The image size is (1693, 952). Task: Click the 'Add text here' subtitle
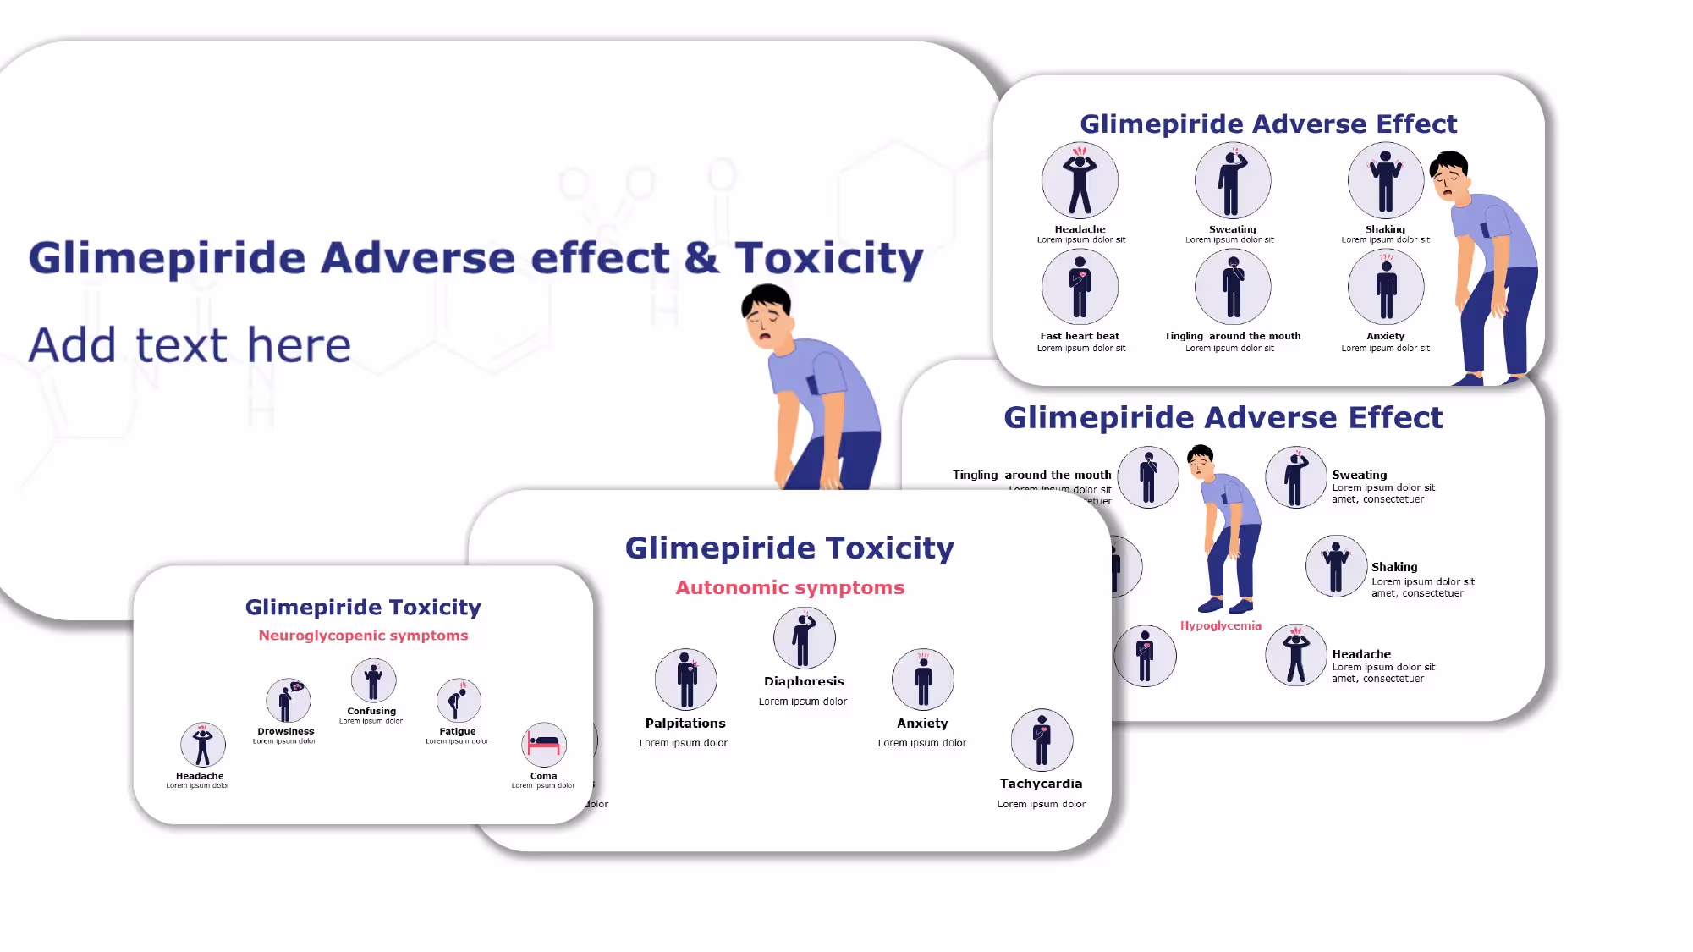coord(190,345)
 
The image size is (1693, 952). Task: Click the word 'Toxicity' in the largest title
coord(829,258)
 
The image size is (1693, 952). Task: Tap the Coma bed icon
coord(544,745)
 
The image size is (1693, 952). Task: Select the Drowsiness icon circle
coord(288,701)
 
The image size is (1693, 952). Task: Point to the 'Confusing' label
coord(371,711)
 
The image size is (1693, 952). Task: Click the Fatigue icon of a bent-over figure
coord(459,701)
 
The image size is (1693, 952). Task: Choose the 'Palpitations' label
coord(685,724)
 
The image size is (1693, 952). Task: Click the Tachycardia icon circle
coord(1042,740)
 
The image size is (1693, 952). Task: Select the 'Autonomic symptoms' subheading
coord(790,587)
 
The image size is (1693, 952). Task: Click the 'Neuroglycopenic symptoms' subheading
coord(363,636)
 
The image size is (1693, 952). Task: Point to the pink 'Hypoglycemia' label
coord(1221,626)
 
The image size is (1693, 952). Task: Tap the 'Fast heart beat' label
coord(1080,336)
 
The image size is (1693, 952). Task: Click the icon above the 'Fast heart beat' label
coord(1080,287)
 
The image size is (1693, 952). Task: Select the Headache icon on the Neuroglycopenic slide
coord(202,745)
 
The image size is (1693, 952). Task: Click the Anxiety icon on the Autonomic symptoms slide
coord(923,680)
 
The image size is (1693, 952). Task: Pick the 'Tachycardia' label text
coord(1041,784)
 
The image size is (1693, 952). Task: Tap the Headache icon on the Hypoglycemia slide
coord(1295,655)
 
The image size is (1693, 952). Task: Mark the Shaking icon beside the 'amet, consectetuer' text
coord(1336,566)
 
